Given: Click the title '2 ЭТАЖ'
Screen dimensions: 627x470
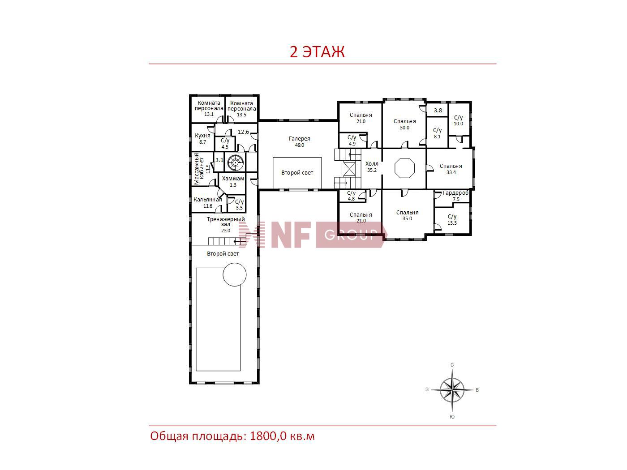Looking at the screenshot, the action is (317, 51).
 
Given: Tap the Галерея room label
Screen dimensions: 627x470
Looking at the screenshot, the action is (299, 139).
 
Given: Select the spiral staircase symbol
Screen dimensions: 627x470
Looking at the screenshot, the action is (235, 162).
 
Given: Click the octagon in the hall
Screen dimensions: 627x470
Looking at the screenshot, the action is (404, 168).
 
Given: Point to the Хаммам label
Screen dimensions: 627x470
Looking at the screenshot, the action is (233, 179).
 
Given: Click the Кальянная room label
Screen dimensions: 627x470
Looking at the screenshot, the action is (208, 200).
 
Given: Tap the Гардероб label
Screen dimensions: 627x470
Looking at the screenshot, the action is (455, 193).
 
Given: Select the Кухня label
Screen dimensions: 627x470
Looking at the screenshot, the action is (202, 136).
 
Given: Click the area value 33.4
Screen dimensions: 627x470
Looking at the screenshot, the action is (451, 172).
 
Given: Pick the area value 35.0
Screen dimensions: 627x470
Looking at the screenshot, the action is (408, 218).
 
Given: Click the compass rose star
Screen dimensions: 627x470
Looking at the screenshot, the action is (452, 389).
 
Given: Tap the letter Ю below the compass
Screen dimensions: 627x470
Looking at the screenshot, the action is (452, 417).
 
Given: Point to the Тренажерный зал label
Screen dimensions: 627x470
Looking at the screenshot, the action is (226, 222).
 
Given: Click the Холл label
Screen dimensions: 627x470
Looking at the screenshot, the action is (372, 164).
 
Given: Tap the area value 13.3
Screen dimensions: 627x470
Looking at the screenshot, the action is (452, 223).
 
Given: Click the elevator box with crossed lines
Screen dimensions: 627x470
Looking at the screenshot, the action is (349, 169).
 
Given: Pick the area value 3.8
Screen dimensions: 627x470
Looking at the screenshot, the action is (438, 111).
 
